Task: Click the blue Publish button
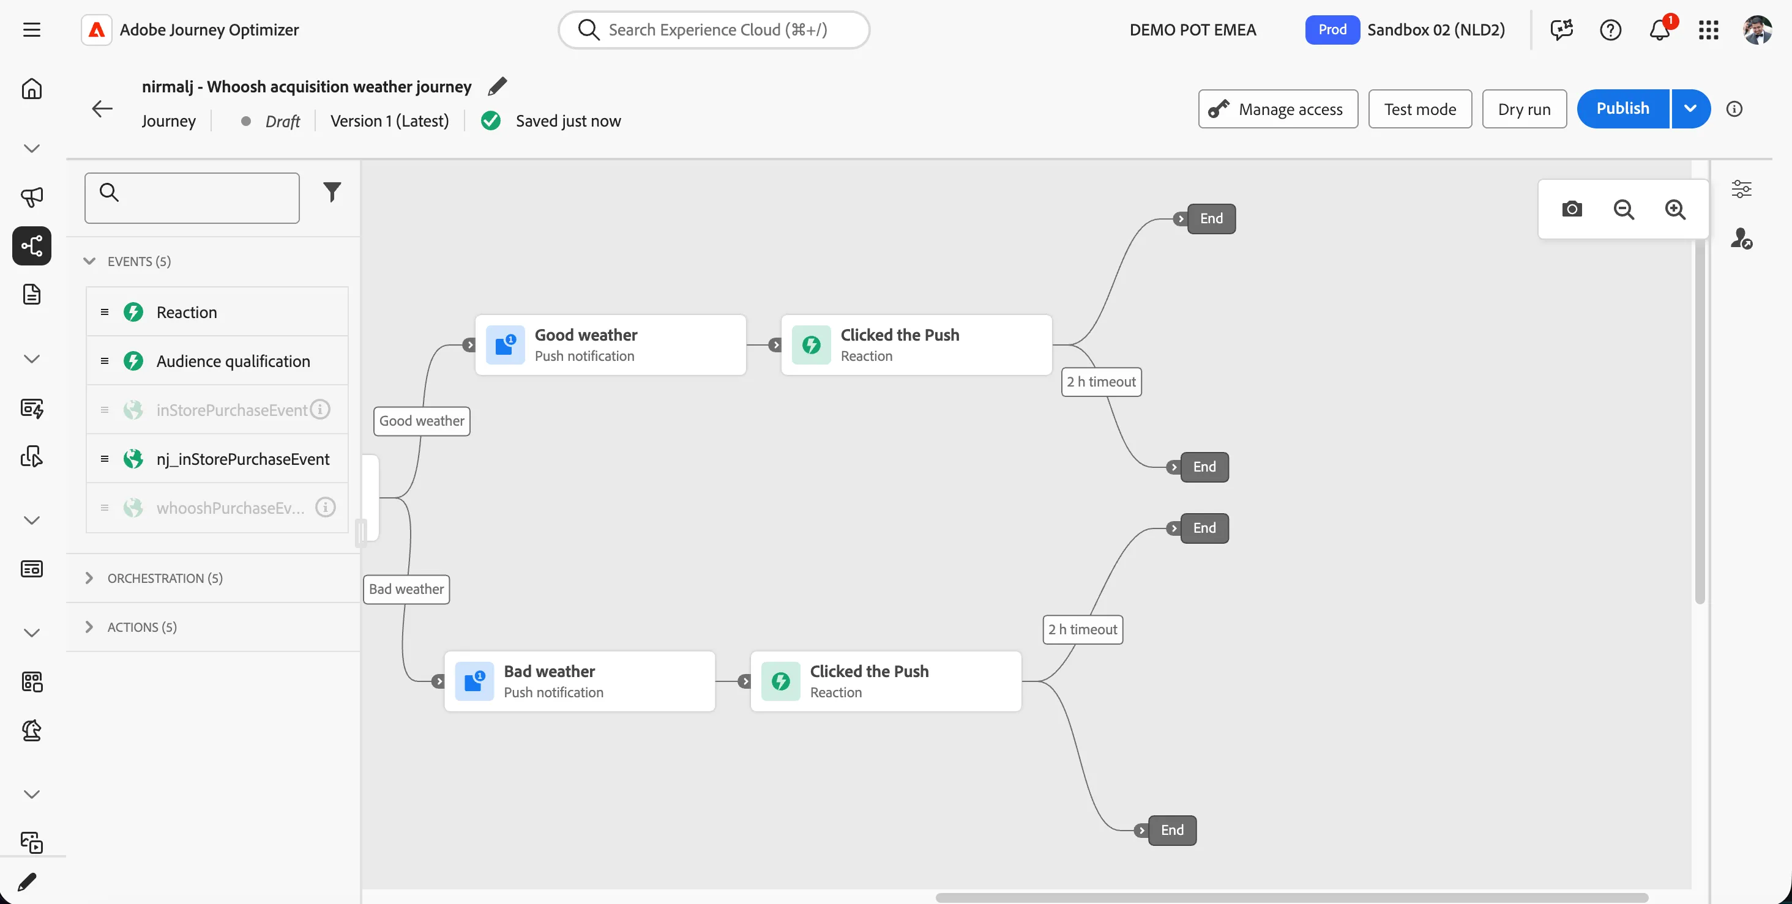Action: coord(1622,108)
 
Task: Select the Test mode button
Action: coord(1420,109)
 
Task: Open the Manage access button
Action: coord(1278,109)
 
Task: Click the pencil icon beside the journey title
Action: coord(498,86)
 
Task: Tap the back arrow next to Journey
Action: coord(102,108)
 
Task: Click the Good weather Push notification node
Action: coord(610,345)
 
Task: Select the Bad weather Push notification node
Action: coord(580,681)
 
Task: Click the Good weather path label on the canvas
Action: coord(422,421)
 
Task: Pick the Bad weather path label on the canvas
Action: coord(406,590)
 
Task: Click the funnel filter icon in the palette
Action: coord(332,192)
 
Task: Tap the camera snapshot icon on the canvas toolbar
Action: coord(1572,209)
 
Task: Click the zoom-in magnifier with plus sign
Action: coord(1675,209)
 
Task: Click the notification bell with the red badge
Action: coord(1660,29)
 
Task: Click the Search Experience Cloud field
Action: coord(714,30)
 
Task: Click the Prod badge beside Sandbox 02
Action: coord(1332,30)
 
